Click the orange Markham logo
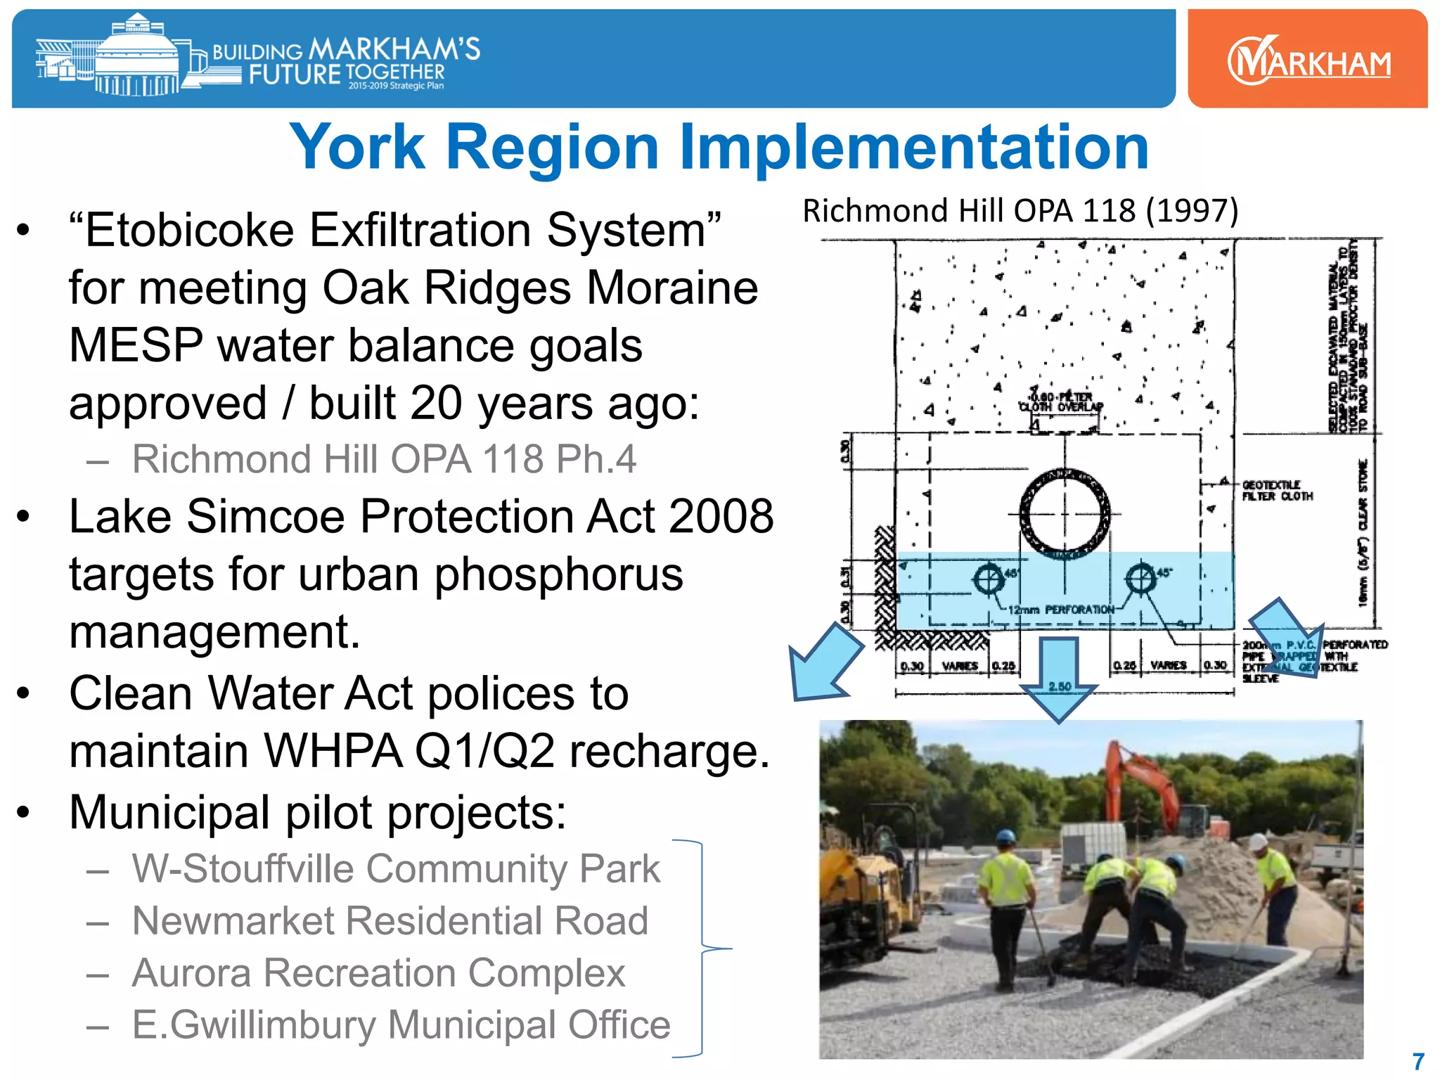click(1308, 60)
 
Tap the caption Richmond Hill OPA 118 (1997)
click(1020, 211)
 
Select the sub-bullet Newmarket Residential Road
click(390, 921)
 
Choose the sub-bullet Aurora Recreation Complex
click(378, 973)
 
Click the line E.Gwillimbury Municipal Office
click(401, 1025)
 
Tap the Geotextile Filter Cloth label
click(1277, 491)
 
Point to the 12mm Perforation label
click(1061, 610)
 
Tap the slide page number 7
click(1418, 1061)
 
